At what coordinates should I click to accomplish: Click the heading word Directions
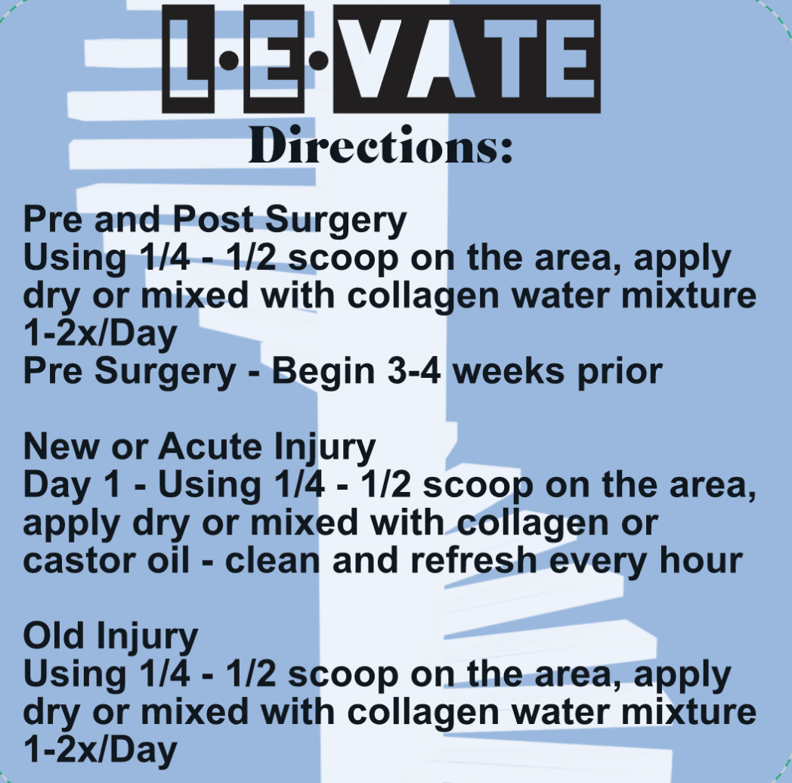pyautogui.click(x=381, y=145)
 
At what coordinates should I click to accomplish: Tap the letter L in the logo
pyautogui.click(x=189, y=59)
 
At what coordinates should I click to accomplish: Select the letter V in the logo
pyautogui.click(x=373, y=59)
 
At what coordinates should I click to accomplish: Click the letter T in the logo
pyautogui.click(x=511, y=59)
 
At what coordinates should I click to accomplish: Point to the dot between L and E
pyautogui.click(x=230, y=60)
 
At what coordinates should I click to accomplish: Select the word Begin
pyautogui.click(x=323, y=371)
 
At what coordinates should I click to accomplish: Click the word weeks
pyautogui.click(x=508, y=371)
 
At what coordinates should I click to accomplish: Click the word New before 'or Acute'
pyautogui.click(x=60, y=447)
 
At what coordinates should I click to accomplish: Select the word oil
pyautogui.click(x=172, y=560)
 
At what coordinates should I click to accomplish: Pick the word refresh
pyautogui.click(x=474, y=560)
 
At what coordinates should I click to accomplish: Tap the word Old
pyautogui.click(x=54, y=636)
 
